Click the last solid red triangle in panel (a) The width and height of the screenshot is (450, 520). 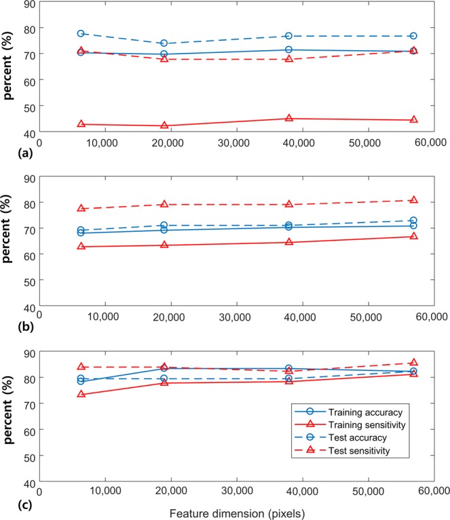tap(413, 120)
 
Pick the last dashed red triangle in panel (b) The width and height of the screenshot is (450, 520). tap(413, 200)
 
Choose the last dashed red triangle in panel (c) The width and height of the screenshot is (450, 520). tap(413, 363)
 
